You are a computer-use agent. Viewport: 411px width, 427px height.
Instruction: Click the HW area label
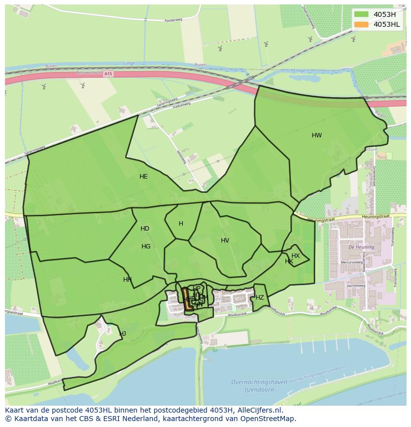317,135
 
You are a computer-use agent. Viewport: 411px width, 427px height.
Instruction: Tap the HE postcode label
143,177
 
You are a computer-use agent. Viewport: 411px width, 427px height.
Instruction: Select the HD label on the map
145,229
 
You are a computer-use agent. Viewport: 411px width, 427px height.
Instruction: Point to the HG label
146,246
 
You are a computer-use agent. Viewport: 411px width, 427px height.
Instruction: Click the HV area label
225,241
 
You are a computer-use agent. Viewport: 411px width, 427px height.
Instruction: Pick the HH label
128,280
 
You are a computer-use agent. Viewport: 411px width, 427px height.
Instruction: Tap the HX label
295,256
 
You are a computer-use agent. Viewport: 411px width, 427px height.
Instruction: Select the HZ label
260,298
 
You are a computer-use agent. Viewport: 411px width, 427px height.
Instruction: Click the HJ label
123,334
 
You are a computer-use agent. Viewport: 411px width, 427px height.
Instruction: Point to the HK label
289,261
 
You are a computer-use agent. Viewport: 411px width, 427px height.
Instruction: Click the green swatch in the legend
361,14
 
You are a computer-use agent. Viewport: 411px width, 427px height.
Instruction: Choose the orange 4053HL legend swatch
361,24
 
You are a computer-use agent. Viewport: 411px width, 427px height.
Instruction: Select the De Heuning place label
357,246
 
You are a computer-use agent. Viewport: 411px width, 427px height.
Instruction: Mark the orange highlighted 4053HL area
188,299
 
